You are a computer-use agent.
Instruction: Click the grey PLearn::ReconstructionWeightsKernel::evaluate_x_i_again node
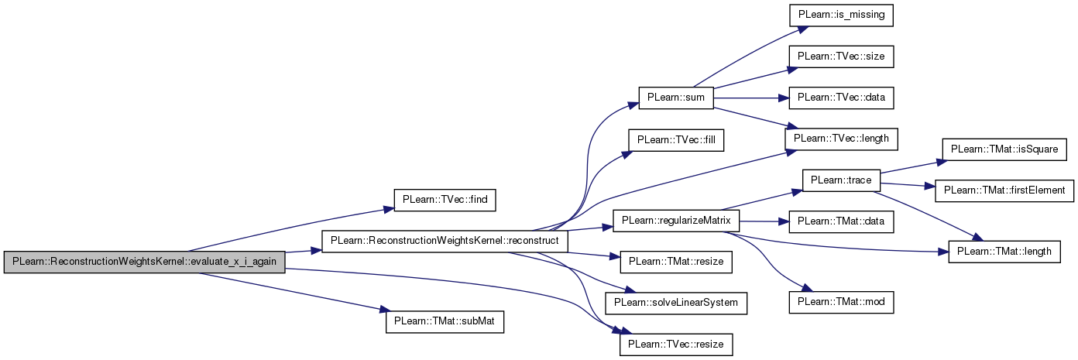144,262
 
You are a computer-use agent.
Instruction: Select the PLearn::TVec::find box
445,199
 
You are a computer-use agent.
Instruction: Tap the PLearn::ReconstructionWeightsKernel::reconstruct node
445,241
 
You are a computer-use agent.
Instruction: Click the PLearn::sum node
669,98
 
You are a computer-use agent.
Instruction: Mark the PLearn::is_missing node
841,14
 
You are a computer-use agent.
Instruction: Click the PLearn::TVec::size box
841,56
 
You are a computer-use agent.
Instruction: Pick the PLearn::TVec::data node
841,98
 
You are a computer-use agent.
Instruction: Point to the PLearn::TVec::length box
841,138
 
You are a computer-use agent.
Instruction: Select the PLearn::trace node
841,180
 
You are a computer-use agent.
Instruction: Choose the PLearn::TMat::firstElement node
1004,189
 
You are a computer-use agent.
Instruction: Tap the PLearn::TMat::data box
841,222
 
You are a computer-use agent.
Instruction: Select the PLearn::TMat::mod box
841,302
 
